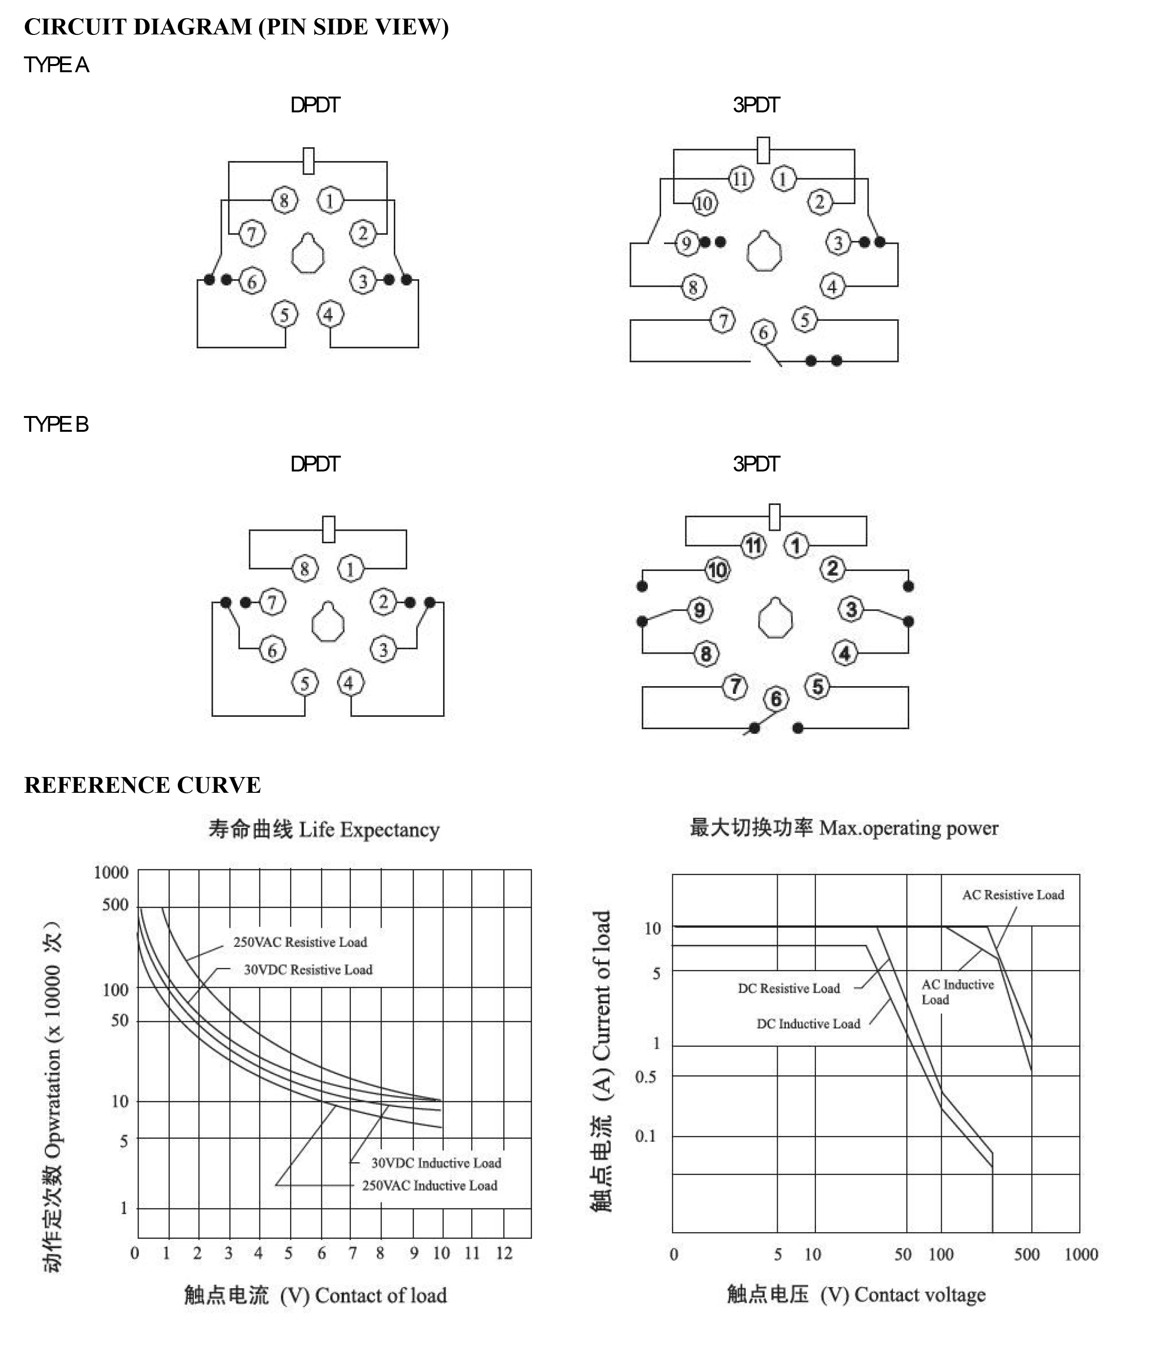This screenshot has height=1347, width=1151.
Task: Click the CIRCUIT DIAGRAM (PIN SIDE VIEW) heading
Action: coord(237,27)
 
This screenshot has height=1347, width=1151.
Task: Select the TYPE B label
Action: coord(56,425)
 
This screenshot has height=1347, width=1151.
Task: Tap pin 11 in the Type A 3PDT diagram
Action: coord(741,179)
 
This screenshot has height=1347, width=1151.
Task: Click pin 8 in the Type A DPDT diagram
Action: coord(284,200)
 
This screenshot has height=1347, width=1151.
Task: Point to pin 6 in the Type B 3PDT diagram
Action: coord(776,699)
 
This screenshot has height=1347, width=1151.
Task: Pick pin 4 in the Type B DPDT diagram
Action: coord(350,683)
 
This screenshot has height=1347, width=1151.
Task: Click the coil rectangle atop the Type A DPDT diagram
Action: coord(309,161)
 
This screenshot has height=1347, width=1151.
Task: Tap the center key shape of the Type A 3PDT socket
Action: coord(764,251)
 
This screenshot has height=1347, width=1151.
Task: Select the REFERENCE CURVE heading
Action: coord(142,785)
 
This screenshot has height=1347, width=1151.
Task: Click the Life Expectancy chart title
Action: coord(324,830)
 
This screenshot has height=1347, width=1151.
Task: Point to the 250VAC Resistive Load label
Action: coord(300,942)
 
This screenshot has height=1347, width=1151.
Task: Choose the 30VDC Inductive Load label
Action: coord(436,1163)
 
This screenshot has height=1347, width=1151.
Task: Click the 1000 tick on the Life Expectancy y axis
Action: coord(111,873)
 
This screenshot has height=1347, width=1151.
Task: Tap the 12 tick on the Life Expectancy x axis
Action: coord(504,1253)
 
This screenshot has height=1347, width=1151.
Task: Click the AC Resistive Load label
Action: coord(1013,895)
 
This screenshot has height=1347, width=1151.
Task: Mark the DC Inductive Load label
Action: coord(808,1024)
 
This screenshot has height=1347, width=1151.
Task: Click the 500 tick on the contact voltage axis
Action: coord(1027,1255)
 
